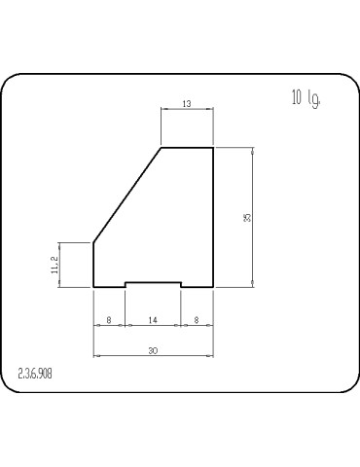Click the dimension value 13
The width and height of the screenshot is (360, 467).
tap(187, 104)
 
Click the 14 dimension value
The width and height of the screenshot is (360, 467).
tap(153, 318)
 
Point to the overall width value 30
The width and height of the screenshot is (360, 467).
tap(153, 350)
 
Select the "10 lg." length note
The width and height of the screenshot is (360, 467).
tap(306, 97)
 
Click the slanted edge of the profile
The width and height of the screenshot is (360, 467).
tap(126, 195)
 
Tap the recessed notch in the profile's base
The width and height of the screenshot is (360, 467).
tap(153, 284)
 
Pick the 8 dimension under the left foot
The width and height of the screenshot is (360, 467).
tap(108, 318)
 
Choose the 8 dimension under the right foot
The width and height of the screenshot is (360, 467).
tap(198, 318)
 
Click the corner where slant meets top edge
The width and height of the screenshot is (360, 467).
tap(161, 147)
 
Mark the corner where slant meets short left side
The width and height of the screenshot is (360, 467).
tap(92, 242)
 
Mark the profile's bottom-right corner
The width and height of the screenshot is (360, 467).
tap(213, 287)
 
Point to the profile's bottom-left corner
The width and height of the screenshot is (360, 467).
tap(92, 287)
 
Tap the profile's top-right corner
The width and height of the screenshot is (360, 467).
tap(213, 147)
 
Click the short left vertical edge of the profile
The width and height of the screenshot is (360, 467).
tap(92, 265)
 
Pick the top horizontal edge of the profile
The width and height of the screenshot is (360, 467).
tap(187, 147)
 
